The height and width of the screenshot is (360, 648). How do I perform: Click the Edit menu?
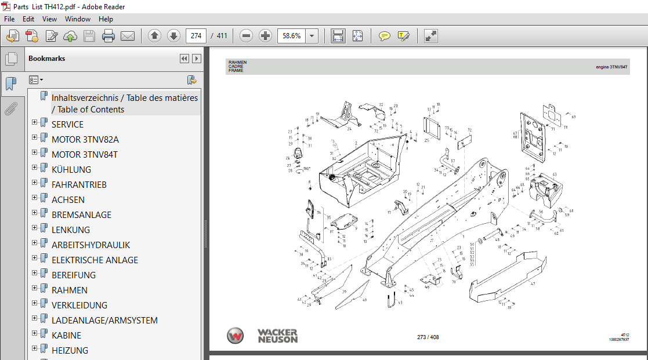point(28,19)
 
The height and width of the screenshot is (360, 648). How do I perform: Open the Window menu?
point(77,19)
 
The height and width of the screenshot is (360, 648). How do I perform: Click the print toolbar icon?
point(108,36)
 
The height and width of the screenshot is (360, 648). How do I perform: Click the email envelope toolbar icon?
point(128,36)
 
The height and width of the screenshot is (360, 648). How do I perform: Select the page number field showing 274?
point(196,36)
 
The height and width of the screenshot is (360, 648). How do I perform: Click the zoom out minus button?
point(247,36)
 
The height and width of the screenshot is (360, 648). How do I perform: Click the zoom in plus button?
point(265,36)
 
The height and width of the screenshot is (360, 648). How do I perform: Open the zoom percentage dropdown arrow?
point(312,36)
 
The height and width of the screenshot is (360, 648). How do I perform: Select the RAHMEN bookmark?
point(70,290)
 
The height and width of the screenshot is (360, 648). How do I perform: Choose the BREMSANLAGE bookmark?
point(81,214)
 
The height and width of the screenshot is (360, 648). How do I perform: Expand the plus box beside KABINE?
point(35,334)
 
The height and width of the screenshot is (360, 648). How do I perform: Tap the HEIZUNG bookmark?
point(70,350)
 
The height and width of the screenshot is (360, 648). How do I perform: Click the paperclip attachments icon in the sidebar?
point(10,108)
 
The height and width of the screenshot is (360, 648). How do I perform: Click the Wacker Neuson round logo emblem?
point(236,336)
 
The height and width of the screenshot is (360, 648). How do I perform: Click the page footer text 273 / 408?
point(428,337)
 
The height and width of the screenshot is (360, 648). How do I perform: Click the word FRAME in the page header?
point(236,70)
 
